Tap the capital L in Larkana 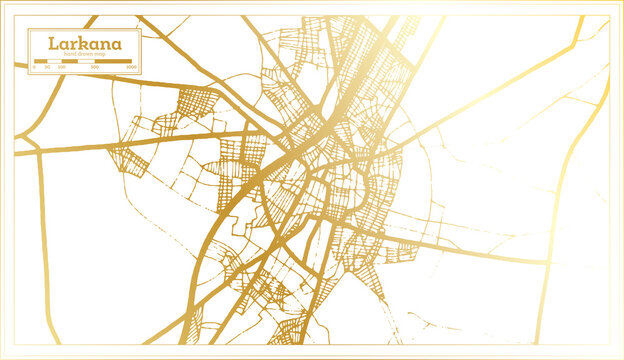tap(38, 45)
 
